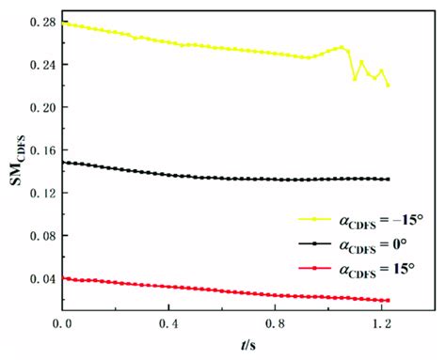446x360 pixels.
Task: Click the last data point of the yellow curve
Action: (388, 86)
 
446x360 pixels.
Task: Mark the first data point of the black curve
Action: (63, 162)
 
